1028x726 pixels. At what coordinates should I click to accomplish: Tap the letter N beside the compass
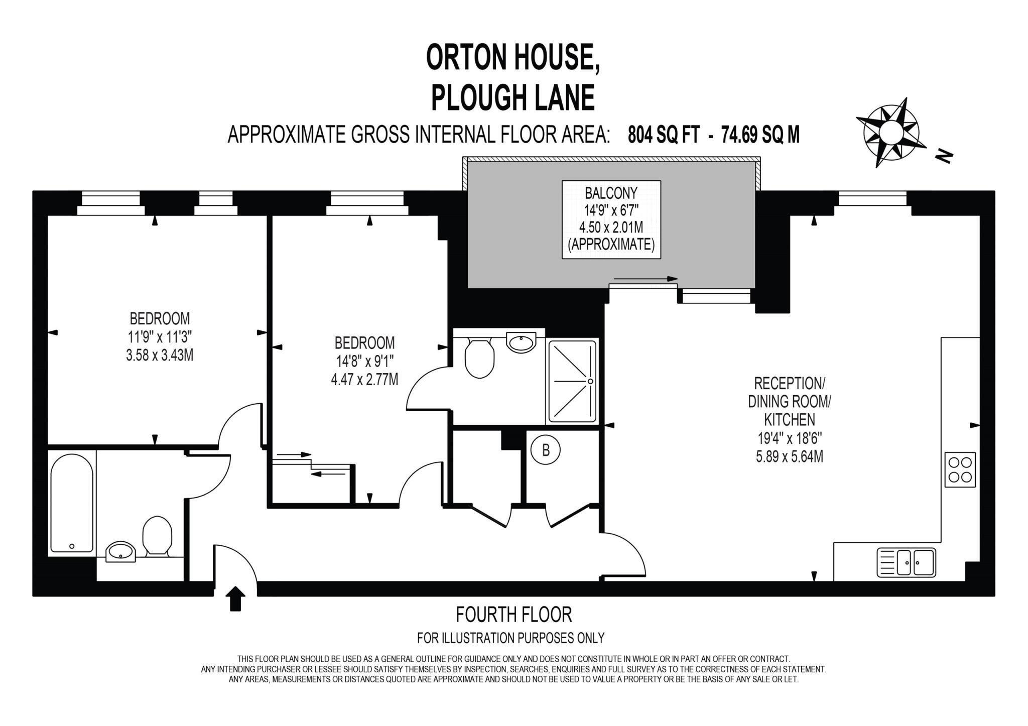pos(944,156)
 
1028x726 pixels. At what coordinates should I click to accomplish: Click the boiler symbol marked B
pos(546,450)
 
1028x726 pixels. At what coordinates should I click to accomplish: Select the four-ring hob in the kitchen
pos(960,469)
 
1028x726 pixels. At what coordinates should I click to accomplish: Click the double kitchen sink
pos(907,562)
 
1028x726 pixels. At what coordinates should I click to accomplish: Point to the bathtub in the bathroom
pos(72,503)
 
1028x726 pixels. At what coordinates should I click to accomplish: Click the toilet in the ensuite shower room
pos(479,358)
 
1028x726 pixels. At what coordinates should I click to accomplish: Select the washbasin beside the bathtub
pos(120,552)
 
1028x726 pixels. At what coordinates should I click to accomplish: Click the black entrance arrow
pos(235,599)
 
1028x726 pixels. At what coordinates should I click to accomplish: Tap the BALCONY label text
pos(611,193)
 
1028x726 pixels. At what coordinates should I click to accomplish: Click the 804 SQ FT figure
pos(663,135)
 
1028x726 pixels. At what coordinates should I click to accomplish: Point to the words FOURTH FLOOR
pos(513,615)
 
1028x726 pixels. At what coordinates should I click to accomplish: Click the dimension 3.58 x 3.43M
pos(160,355)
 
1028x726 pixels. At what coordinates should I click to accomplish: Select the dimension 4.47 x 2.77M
pos(364,380)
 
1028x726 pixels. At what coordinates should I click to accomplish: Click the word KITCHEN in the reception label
pos(789,420)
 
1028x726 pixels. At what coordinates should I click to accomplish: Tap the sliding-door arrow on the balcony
pos(645,279)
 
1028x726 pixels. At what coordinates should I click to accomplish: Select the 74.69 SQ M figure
pos(760,135)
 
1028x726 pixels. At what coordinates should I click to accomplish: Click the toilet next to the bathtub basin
pos(157,536)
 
